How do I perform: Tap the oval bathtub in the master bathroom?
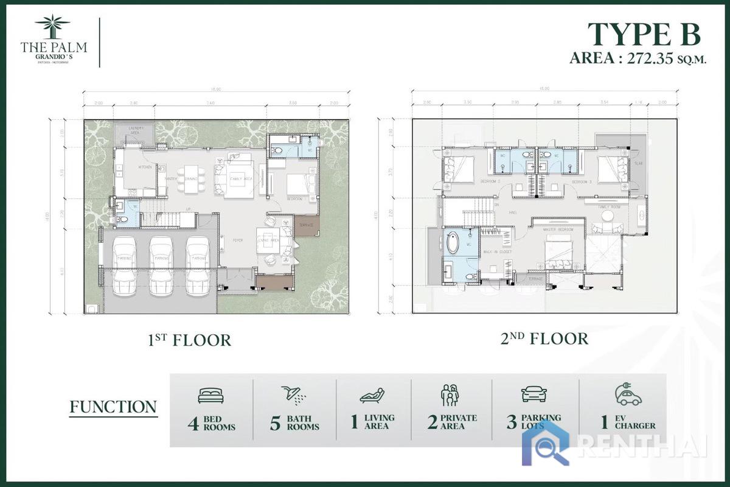(x=453, y=243)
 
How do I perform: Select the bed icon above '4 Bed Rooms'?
(x=210, y=396)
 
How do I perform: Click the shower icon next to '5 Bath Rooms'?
(x=293, y=394)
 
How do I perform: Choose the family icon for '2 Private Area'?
(x=450, y=395)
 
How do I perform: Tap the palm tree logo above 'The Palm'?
(x=52, y=27)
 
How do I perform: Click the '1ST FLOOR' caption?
(x=189, y=340)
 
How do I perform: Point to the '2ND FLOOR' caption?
(x=544, y=338)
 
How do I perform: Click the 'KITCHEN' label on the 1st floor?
(x=144, y=167)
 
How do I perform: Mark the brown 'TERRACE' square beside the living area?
(x=307, y=225)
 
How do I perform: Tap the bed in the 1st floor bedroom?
(x=300, y=184)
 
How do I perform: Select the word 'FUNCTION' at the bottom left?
(x=113, y=407)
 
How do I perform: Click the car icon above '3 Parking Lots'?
(x=534, y=394)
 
